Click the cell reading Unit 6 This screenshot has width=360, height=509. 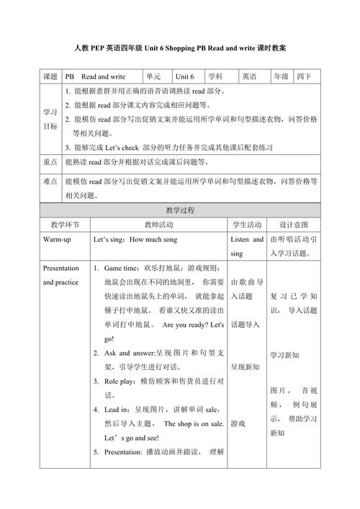click(x=186, y=76)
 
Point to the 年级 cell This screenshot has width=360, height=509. click(x=280, y=76)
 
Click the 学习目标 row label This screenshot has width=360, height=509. click(x=50, y=120)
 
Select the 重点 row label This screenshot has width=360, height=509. click(x=50, y=162)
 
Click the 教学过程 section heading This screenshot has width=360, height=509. click(x=180, y=210)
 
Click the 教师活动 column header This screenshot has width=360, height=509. click(x=159, y=225)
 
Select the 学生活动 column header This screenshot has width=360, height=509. click(x=247, y=225)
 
